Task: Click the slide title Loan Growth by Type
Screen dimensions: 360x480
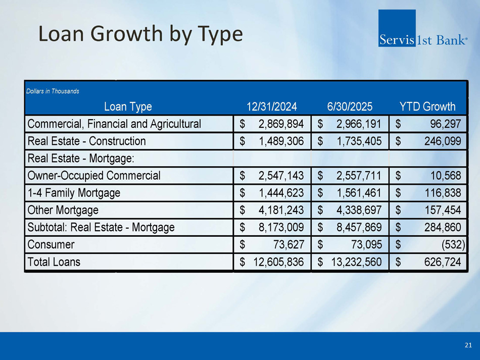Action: coord(140,34)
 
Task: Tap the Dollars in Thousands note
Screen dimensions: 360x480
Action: coord(53,91)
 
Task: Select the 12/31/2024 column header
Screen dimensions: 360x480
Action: coord(271,107)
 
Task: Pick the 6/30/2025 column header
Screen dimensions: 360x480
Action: coord(350,107)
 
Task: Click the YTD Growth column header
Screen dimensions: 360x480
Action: coord(427,107)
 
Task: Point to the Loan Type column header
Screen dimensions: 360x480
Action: coord(127,107)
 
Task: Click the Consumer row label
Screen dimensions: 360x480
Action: coord(51,244)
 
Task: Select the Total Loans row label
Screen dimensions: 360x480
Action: coord(54,262)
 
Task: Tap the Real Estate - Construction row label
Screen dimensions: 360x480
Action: coord(86,141)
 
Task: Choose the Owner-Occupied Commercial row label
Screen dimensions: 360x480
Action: coord(94,176)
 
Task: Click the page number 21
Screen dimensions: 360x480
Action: coord(468,345)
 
